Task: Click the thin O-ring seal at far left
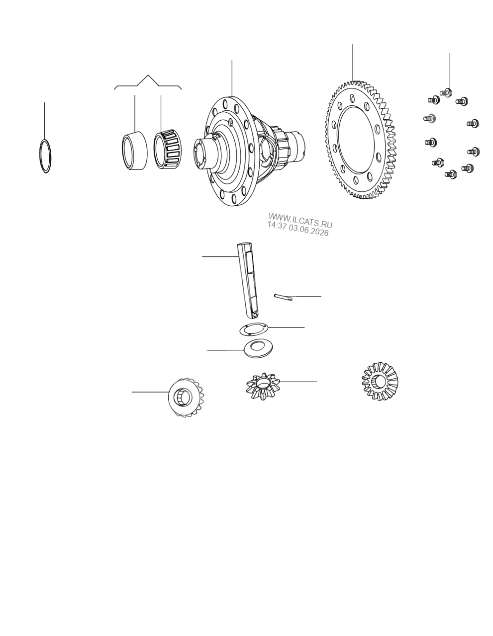pyautogui.click(x=40, y=156)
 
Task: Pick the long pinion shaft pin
pyautogui.click(x=248, y=280)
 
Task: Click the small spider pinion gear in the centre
pyautogui.click(x=263, y=386)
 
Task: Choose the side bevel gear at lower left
pyautogui.click(x=186, y=397)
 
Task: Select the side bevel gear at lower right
pyautogui.click(x=380, y=381)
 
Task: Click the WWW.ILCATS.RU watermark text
pyautogui.click(x=300, y=221)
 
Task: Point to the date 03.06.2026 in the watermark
pyautogui.click(x=309, y=231)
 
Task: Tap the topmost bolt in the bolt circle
pyautogui.click(x=446, y=92)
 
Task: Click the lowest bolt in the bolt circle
pyautogui.click(x=451, y=174)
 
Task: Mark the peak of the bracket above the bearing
pyautogui.click(x=148, y=75)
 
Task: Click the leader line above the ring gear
pyautogui.click(x=353, y=63)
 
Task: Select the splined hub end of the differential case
pyautogui.click(x=296, y=144)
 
